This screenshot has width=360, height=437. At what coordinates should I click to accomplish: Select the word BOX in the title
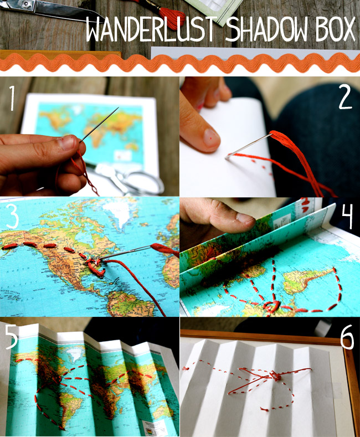(336, 29)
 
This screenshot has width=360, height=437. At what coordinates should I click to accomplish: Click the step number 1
(12, 98)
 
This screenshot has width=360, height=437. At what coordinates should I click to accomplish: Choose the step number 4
(347, 216)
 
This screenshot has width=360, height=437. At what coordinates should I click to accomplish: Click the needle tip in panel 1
(119, 107)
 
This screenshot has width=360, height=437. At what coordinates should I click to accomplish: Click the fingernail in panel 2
(211, 137)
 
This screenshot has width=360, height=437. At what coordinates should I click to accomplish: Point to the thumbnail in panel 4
(245, 218)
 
